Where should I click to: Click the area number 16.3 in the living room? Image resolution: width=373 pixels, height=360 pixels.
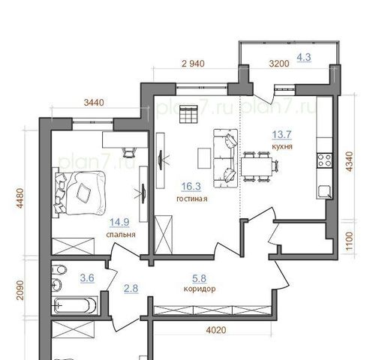pyautogui.click(x=191, y=187)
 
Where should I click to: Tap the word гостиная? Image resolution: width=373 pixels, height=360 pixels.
pyautogui.click(x=192, y=199)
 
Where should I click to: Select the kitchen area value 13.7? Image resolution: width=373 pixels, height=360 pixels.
pyautogui.click(x=282, y=135)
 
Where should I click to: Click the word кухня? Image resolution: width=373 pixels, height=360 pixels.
pyautogui.click(x=282, y=146)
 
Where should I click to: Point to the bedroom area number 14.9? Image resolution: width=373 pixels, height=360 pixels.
pyautogui.click(x=119, y=222)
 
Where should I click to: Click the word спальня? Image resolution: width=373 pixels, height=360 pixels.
pyautogui.click(x=121, y=235)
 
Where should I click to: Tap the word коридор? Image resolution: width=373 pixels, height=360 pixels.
pyautogui.click(x=200, y=289)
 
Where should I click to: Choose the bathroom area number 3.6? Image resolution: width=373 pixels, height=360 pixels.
pyautogui.click(x=87, y=278)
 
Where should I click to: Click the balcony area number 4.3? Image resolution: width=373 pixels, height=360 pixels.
pyautogui.click(x=304, y=58)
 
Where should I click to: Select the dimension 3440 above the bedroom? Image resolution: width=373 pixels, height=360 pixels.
pyautogui.click(x=94, y=103)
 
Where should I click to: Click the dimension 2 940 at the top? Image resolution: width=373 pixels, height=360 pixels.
pyautogui.click(x=193, y=64)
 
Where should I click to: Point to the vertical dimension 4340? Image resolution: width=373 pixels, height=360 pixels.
pyautogui.click(x=349, y=161)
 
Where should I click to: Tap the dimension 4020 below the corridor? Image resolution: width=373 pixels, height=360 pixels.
pyautogui.click(x=216, y=330)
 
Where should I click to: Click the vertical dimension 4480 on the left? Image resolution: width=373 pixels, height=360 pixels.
pyautogui.click(x=20, y=198)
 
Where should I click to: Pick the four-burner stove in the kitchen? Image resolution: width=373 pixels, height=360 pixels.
pyautogui.click(x=324, y=160)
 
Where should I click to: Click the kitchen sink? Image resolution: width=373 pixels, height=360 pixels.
pyautogui.click(x=324, y=192)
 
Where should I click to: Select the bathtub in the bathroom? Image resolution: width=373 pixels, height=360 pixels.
pyautogui.click(x=74, y=305)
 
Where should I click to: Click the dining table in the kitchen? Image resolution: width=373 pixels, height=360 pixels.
pyautogui.click(x=257, y=166)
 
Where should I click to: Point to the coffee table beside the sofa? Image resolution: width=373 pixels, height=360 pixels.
pyautogui.click(x=204, y=158)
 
